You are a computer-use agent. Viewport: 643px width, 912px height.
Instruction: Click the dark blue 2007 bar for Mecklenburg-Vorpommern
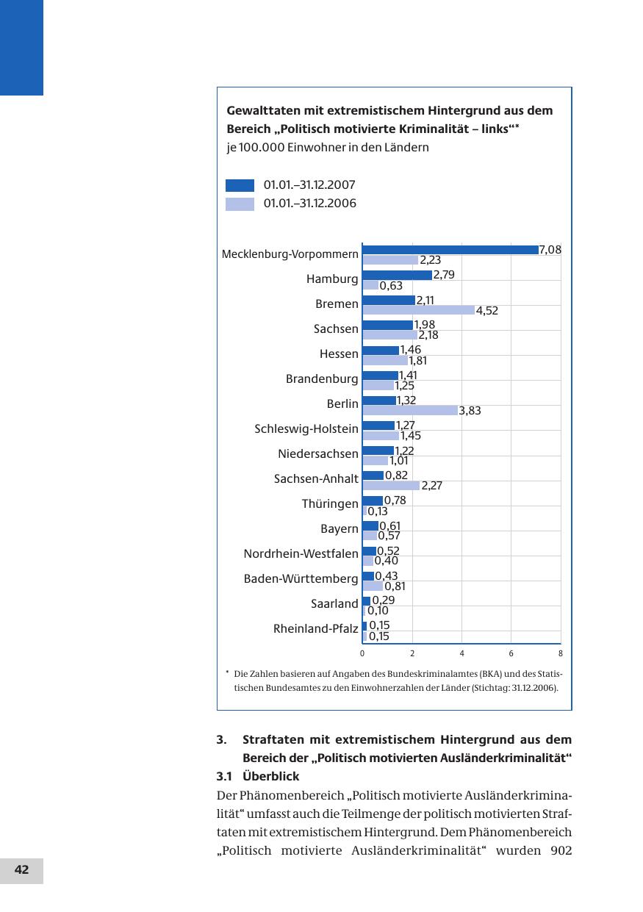[x=450, y=250]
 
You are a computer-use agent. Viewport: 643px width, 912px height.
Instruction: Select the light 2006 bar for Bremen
[x=418, y=310]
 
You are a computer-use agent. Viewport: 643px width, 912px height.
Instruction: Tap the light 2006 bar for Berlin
[x=409, y=411]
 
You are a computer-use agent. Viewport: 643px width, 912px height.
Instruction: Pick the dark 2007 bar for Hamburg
[x=397, y=275]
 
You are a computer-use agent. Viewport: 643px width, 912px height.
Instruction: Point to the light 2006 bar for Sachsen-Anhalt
[x=391, y=486]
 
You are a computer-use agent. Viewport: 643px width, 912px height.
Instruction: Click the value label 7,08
[x=550, y=250]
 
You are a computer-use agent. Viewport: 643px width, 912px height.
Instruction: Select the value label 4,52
[x=487, y=311]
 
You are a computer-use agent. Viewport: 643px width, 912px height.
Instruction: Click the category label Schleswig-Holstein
[x=306, y=428]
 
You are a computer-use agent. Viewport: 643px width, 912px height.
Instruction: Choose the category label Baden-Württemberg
[x=301, y=579]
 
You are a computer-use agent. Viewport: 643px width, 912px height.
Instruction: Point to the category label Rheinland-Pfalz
[x=316, y=629]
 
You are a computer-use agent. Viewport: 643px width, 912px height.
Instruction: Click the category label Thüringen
[x=330, y=504]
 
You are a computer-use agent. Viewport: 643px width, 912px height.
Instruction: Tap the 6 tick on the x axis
[x=511, y=653]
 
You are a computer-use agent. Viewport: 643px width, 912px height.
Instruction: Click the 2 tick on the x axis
[x=412, y=653]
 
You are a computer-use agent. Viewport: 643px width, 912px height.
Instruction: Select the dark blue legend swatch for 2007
[x=240, y=185]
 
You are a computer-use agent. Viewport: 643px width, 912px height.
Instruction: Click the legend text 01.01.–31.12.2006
[x=310, y=204]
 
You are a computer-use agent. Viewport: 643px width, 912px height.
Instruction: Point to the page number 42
[x=21, y=870]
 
